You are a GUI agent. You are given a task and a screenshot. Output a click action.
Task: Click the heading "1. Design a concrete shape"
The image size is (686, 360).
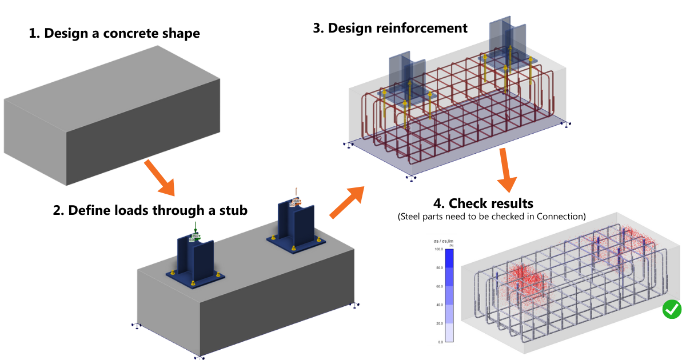[114, 33]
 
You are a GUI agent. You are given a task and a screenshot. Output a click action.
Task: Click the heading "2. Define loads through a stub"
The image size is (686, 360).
[150, 210]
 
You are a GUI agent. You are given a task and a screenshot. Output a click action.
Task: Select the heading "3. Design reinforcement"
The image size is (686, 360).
[390, 27]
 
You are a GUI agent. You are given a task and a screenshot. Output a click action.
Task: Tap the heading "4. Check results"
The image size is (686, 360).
[483, 203]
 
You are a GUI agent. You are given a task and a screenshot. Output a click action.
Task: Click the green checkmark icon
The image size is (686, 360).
[672, 309]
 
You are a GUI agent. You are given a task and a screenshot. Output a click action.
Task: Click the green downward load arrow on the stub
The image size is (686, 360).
[196, 229]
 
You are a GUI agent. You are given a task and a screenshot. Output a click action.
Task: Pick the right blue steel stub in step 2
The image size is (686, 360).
[294, 223]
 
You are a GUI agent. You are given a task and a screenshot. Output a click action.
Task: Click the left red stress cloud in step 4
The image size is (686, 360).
[526, 283]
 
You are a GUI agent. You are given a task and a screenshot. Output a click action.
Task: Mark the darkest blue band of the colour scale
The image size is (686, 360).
[449, 258]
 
